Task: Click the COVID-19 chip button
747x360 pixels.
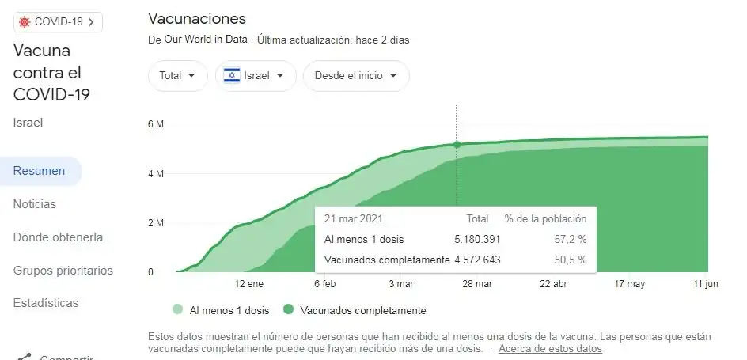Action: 57,21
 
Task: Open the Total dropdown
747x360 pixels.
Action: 177,76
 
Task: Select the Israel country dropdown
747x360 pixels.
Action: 255,76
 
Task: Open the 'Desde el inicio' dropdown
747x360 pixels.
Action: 355,76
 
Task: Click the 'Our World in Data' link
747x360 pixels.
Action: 206,40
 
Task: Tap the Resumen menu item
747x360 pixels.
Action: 39,171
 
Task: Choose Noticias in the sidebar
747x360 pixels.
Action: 34,204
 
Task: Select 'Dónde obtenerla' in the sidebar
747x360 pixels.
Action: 58,237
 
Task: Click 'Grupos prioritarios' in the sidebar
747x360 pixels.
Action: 63,271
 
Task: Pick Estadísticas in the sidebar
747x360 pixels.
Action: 45,303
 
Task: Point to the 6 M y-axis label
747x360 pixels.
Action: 155,124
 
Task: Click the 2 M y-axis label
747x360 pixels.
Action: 155,223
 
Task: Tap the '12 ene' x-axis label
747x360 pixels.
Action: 248,284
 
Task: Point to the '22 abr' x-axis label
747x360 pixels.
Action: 554,284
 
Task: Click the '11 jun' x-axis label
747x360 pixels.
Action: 706,284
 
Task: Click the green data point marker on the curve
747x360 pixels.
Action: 457,145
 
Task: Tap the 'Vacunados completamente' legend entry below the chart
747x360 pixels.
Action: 355,310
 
